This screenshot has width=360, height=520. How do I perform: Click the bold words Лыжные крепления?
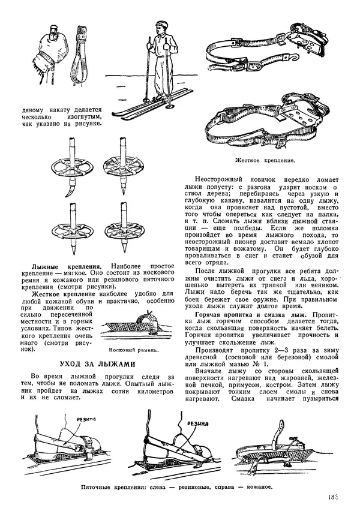click(x=66, y=264)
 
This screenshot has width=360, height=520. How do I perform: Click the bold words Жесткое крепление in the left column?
click(x=59, y=294)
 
